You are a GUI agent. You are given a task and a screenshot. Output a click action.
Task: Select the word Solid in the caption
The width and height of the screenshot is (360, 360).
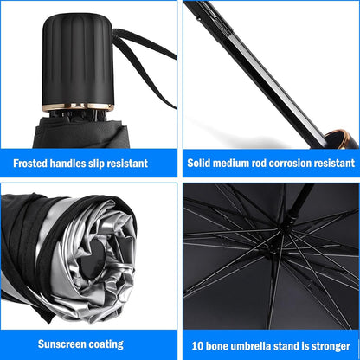click(x=202, y=163)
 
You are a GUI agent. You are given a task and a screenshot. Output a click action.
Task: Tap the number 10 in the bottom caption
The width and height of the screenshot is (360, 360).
click(x=196, y=344)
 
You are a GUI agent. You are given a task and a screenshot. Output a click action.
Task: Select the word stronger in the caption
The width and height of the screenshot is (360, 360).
click(x=326, y=344)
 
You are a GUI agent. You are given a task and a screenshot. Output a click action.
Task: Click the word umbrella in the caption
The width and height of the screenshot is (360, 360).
click(x=252, y=344)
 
